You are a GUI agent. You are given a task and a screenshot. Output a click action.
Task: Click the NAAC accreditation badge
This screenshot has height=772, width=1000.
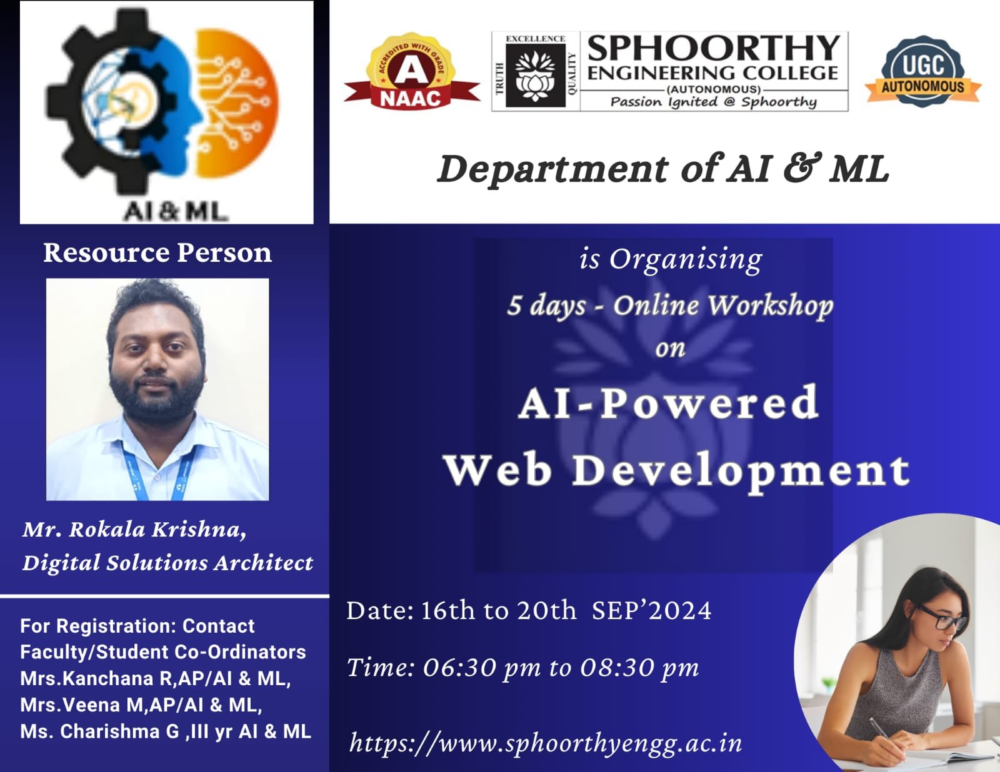[412, 71]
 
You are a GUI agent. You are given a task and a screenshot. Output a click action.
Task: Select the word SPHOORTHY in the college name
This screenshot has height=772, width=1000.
[714, 48]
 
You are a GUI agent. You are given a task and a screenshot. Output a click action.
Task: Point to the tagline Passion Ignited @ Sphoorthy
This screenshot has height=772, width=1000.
[714, 102]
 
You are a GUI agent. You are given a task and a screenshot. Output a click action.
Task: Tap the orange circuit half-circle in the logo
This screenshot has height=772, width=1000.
[237, 103]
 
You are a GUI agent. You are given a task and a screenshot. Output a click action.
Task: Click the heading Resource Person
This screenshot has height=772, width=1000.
[157, 252]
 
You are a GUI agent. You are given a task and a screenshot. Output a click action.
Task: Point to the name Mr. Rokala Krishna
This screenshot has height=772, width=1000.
[134, 530]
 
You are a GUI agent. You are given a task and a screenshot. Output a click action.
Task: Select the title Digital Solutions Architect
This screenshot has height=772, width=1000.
[168, 563]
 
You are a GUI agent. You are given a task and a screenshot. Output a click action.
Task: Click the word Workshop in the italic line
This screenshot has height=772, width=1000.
[770, 306]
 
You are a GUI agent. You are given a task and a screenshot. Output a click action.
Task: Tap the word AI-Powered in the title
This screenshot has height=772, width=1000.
[669, 403]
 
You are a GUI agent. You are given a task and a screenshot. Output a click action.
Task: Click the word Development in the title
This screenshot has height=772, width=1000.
[741, 472]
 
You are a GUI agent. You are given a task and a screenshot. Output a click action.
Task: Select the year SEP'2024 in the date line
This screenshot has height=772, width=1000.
[652, 611]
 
